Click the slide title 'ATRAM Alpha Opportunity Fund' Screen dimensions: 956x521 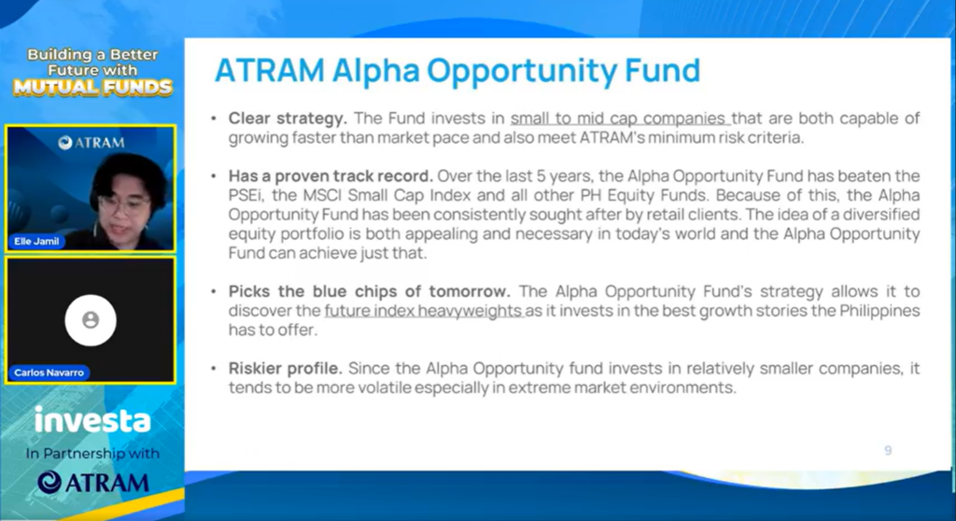pos(457,71)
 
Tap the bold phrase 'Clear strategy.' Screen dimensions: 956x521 pos(288,119)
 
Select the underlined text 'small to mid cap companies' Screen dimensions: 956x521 pos(620,119)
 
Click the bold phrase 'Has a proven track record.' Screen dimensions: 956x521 pos(330,176)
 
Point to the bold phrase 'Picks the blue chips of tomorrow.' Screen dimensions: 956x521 pos(370,291)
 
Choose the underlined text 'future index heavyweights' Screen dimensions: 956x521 pos(424,311)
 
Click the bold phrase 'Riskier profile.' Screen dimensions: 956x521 pos(286,369)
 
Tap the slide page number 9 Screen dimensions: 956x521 pos(888,450)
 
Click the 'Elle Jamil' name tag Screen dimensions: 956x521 pos(36,242)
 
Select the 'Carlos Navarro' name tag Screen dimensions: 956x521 pos(49,373)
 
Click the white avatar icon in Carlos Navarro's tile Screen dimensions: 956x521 pos(91,320)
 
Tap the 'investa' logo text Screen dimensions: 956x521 pos(92,420)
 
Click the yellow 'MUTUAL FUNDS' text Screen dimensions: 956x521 pos(92,88)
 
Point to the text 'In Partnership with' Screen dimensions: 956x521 pos(92,454)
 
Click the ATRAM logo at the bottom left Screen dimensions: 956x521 pos(92,483)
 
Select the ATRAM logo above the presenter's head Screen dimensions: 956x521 pos(91,143)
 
